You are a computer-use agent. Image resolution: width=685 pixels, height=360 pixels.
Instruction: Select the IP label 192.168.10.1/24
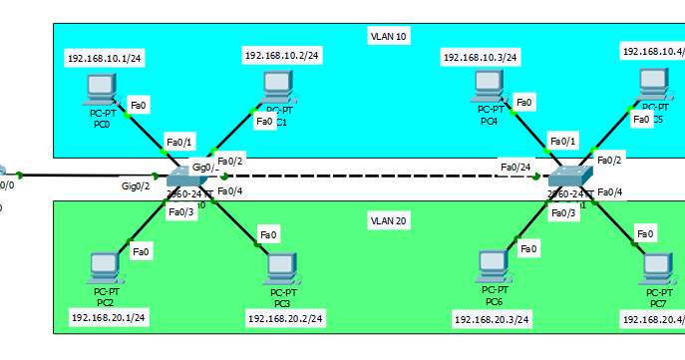point(105,58)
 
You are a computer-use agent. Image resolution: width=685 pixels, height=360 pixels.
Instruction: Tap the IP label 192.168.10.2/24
point(282,55)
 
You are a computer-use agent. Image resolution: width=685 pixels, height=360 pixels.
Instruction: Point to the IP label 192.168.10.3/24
point(481,58)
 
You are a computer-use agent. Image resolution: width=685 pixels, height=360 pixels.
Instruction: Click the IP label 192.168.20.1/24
point(109,317)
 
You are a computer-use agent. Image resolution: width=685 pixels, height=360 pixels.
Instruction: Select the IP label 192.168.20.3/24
point(492,319)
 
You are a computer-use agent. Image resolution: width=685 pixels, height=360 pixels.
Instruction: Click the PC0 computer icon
point(101,91)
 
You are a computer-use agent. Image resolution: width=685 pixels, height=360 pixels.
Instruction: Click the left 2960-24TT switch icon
point(186,179)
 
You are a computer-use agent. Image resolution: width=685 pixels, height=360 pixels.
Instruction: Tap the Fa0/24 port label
point(515,167)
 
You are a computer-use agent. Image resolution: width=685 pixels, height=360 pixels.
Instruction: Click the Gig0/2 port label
point(136,185)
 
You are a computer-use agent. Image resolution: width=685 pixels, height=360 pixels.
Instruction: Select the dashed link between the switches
point(379,177)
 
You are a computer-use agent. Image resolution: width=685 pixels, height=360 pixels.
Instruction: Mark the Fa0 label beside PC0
point(139,104)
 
